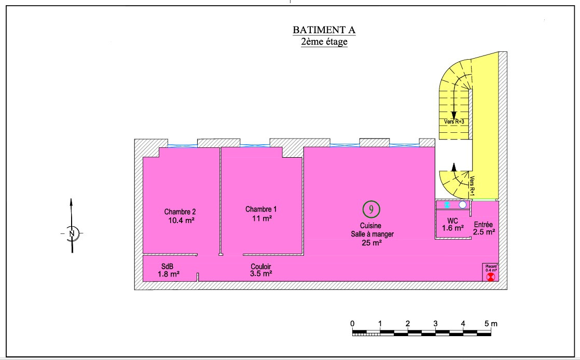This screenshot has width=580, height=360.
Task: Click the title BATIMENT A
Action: tap(324, 30)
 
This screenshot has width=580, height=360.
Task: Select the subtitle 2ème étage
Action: tap(324, 41)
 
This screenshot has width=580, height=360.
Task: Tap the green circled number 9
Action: tap(371, 209)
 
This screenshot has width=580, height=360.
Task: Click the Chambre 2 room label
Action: tap(180, 212)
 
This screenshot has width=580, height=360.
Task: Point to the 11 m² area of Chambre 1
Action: tap(262, 218)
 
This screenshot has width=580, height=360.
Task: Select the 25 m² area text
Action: tap(372, 243)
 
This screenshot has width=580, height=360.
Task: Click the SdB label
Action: tap(167, 267)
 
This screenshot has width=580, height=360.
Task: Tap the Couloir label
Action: tap(261, 267)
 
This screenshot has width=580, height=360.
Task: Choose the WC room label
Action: tap(452, 221)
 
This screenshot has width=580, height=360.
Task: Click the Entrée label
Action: tap(484, 225)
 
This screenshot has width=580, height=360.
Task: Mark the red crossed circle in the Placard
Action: tap(490, 277)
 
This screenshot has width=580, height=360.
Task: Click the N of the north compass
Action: tap(72, 233)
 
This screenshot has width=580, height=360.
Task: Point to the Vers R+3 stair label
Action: tap(454, 121)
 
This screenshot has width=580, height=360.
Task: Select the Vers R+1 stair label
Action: tap(472, 185)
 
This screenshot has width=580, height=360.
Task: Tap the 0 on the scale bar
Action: tap(352, 323)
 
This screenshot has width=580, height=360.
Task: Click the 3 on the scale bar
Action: tap(435, 323)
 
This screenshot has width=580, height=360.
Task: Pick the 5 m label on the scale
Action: tap(491, 323)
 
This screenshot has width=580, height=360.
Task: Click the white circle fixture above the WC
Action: tap(462, 204)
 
